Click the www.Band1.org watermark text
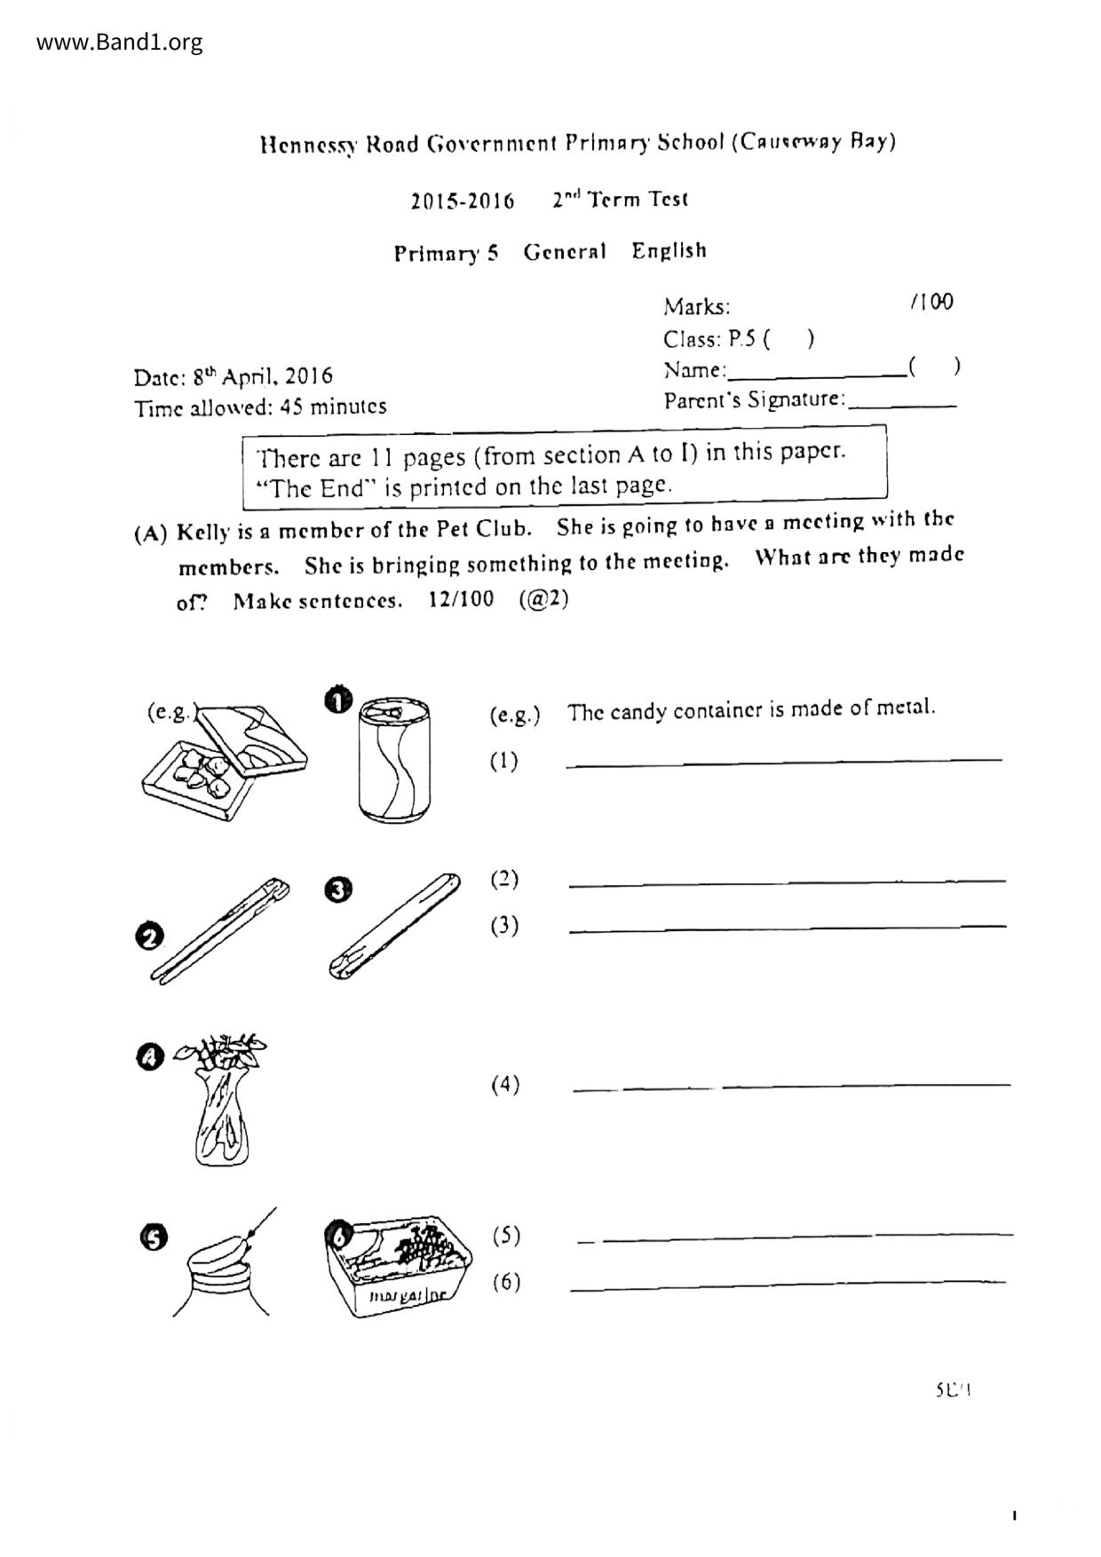tap(120, 42)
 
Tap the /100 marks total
tap(931, 303)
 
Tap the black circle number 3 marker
tap(338, 890)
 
